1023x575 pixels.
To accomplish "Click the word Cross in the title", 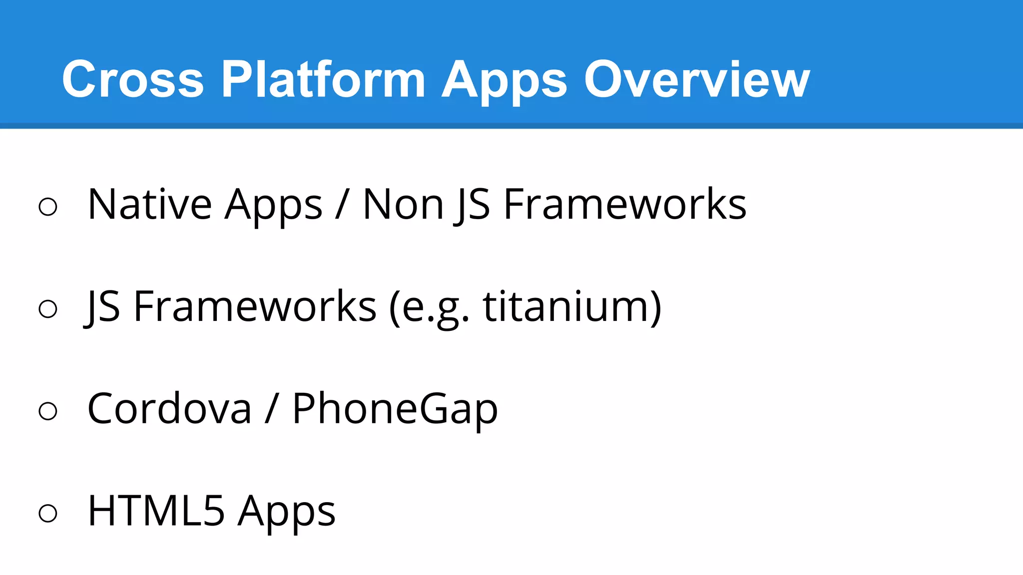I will [x=132, y=79].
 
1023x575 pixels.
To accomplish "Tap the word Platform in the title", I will [x=323, y=79].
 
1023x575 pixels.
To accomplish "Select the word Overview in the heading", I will [x=697, y=79].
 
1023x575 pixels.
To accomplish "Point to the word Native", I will [x=149, y=204].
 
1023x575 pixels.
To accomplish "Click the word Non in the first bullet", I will [x=403, y=204].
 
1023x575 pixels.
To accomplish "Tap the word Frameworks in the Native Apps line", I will [x=625, y=204].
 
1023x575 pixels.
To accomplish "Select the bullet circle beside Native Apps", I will [x=48, y=207].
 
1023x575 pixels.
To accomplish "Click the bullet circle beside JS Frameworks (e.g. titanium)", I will [x=48, y=309].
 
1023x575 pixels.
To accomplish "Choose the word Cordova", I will [x=169, y=408].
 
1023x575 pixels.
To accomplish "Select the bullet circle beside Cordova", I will [x=48, y=411].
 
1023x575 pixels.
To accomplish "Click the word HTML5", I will [x=156, y=511].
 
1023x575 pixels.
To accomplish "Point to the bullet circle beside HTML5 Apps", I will [x=48, y=513].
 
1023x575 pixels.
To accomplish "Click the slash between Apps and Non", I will [x=342, y=204].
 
